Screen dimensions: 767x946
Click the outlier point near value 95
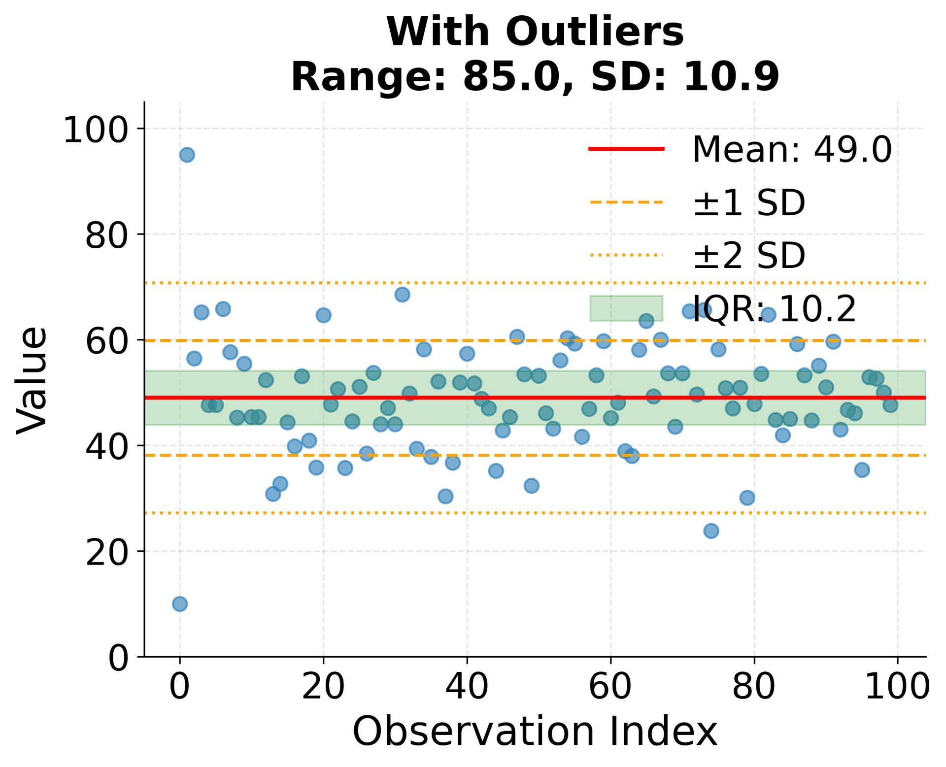point(187,155)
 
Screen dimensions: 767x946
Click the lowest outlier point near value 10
point(180,604)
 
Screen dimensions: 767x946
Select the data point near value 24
point(711,531)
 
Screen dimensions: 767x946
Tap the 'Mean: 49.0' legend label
point(792,150)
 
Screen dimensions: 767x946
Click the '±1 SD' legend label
point(749,203)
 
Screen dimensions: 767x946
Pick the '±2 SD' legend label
point(749,256)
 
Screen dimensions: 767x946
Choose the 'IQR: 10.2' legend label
point(775,309)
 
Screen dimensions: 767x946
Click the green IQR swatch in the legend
point(626,308)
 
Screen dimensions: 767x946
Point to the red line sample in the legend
point(626,148)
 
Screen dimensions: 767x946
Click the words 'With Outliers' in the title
point(535,33)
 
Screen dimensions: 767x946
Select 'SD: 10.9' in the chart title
point(685,77)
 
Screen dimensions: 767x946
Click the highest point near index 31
point(402,295)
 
